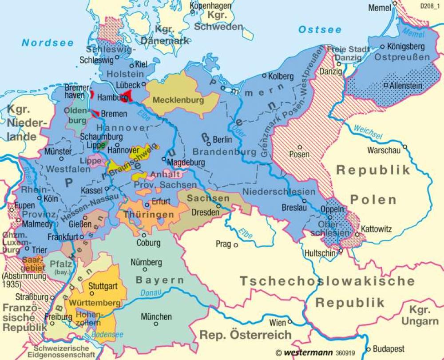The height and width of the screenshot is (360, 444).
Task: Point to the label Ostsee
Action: point(320,30)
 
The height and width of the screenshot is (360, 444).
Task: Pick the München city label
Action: point(156,317)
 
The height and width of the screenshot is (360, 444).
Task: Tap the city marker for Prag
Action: point(236,244)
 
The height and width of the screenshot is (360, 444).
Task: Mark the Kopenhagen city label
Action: point(210,6)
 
